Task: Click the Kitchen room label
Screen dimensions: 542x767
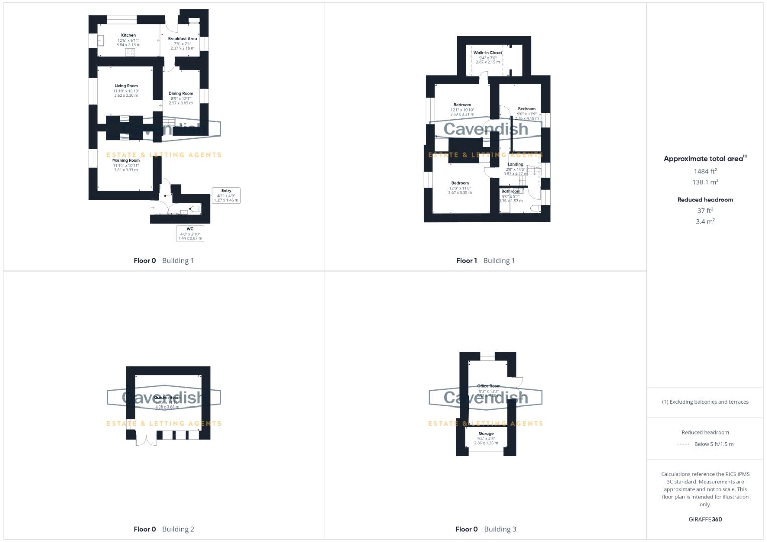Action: [128, 36]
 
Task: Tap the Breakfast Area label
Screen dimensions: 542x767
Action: [182, 39]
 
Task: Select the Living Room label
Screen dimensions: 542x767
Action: [126, 86]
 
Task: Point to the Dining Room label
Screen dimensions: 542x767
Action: [181, 94]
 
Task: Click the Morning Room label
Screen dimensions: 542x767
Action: [126, 161]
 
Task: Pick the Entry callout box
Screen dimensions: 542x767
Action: [226, 195]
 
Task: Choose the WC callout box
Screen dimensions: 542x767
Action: [190, 233]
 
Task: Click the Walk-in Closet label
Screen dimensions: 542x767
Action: [488, 53]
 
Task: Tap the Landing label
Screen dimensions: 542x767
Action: [515, 164]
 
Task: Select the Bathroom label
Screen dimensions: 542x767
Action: [511, 191]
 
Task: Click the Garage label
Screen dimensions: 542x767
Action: [486, 434]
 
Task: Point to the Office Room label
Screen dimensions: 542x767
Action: [489, 386]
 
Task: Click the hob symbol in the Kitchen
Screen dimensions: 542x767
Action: [130, 52]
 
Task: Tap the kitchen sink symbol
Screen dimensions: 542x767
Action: [100, 40]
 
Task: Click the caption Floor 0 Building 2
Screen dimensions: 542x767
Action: [164, 529]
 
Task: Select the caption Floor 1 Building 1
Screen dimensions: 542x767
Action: [485, 260]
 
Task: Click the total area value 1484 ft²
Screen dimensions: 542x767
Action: [705, 171]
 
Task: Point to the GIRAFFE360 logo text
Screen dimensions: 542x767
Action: [705, 519]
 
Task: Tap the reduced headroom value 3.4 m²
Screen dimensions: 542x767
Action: [705, 221]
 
